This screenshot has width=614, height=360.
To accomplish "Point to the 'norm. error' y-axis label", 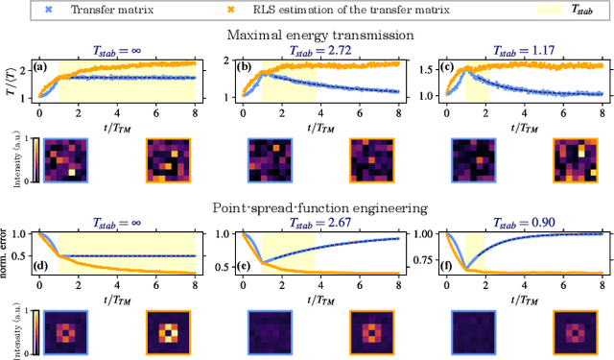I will pyautogui.click(x=10, y=252).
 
